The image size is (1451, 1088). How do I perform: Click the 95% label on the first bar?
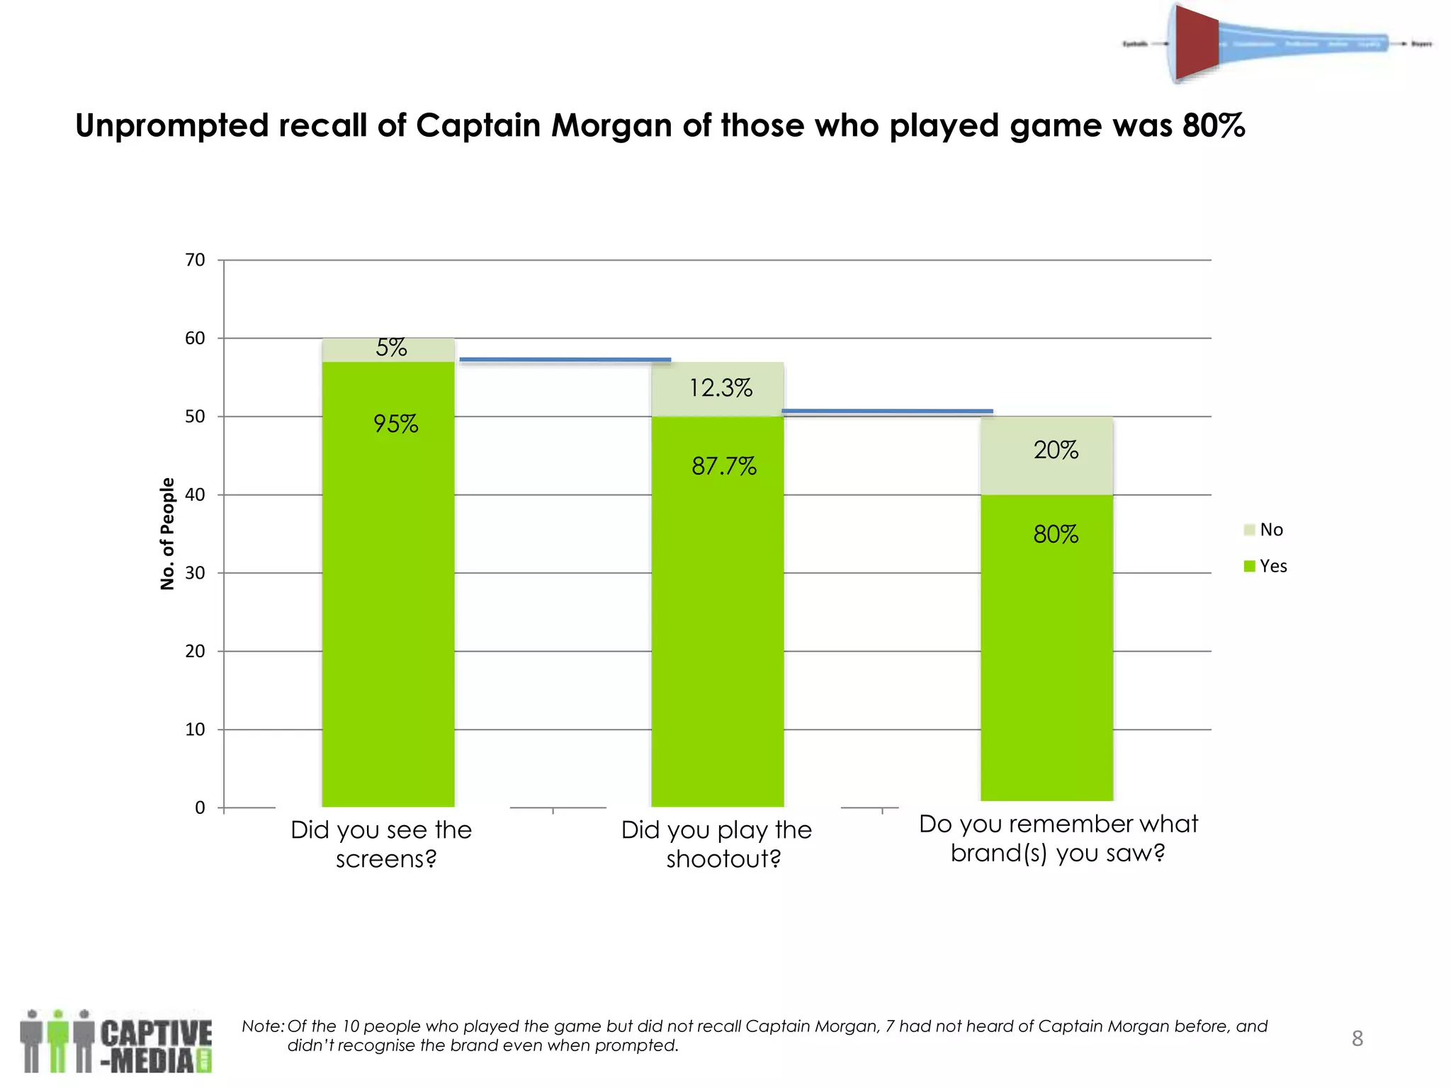[x=395, y=424]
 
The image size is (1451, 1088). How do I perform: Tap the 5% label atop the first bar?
[x=391, y=347]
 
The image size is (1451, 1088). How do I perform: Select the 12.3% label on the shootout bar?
[x=721, y=387]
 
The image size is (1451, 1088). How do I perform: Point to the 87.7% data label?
[x=723, y=465]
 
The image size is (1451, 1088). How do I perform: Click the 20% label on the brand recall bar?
[x=1055, y=450]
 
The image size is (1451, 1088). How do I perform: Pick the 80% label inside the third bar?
[x=1055, y=533]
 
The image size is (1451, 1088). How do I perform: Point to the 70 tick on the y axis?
[x=195, y=260]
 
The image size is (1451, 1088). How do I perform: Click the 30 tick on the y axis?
[x=195, y=573]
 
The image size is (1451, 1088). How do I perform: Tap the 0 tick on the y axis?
[x=200, y=807]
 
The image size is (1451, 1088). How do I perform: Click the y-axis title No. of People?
[x=167, y=533]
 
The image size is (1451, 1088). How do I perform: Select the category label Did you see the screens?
[x=383, y=844]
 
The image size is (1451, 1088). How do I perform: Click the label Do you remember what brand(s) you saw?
[x=1058, y=838]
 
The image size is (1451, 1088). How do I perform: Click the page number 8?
[x=1357, y=1038]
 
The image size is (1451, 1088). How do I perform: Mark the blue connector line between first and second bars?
[x=565, y=360]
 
